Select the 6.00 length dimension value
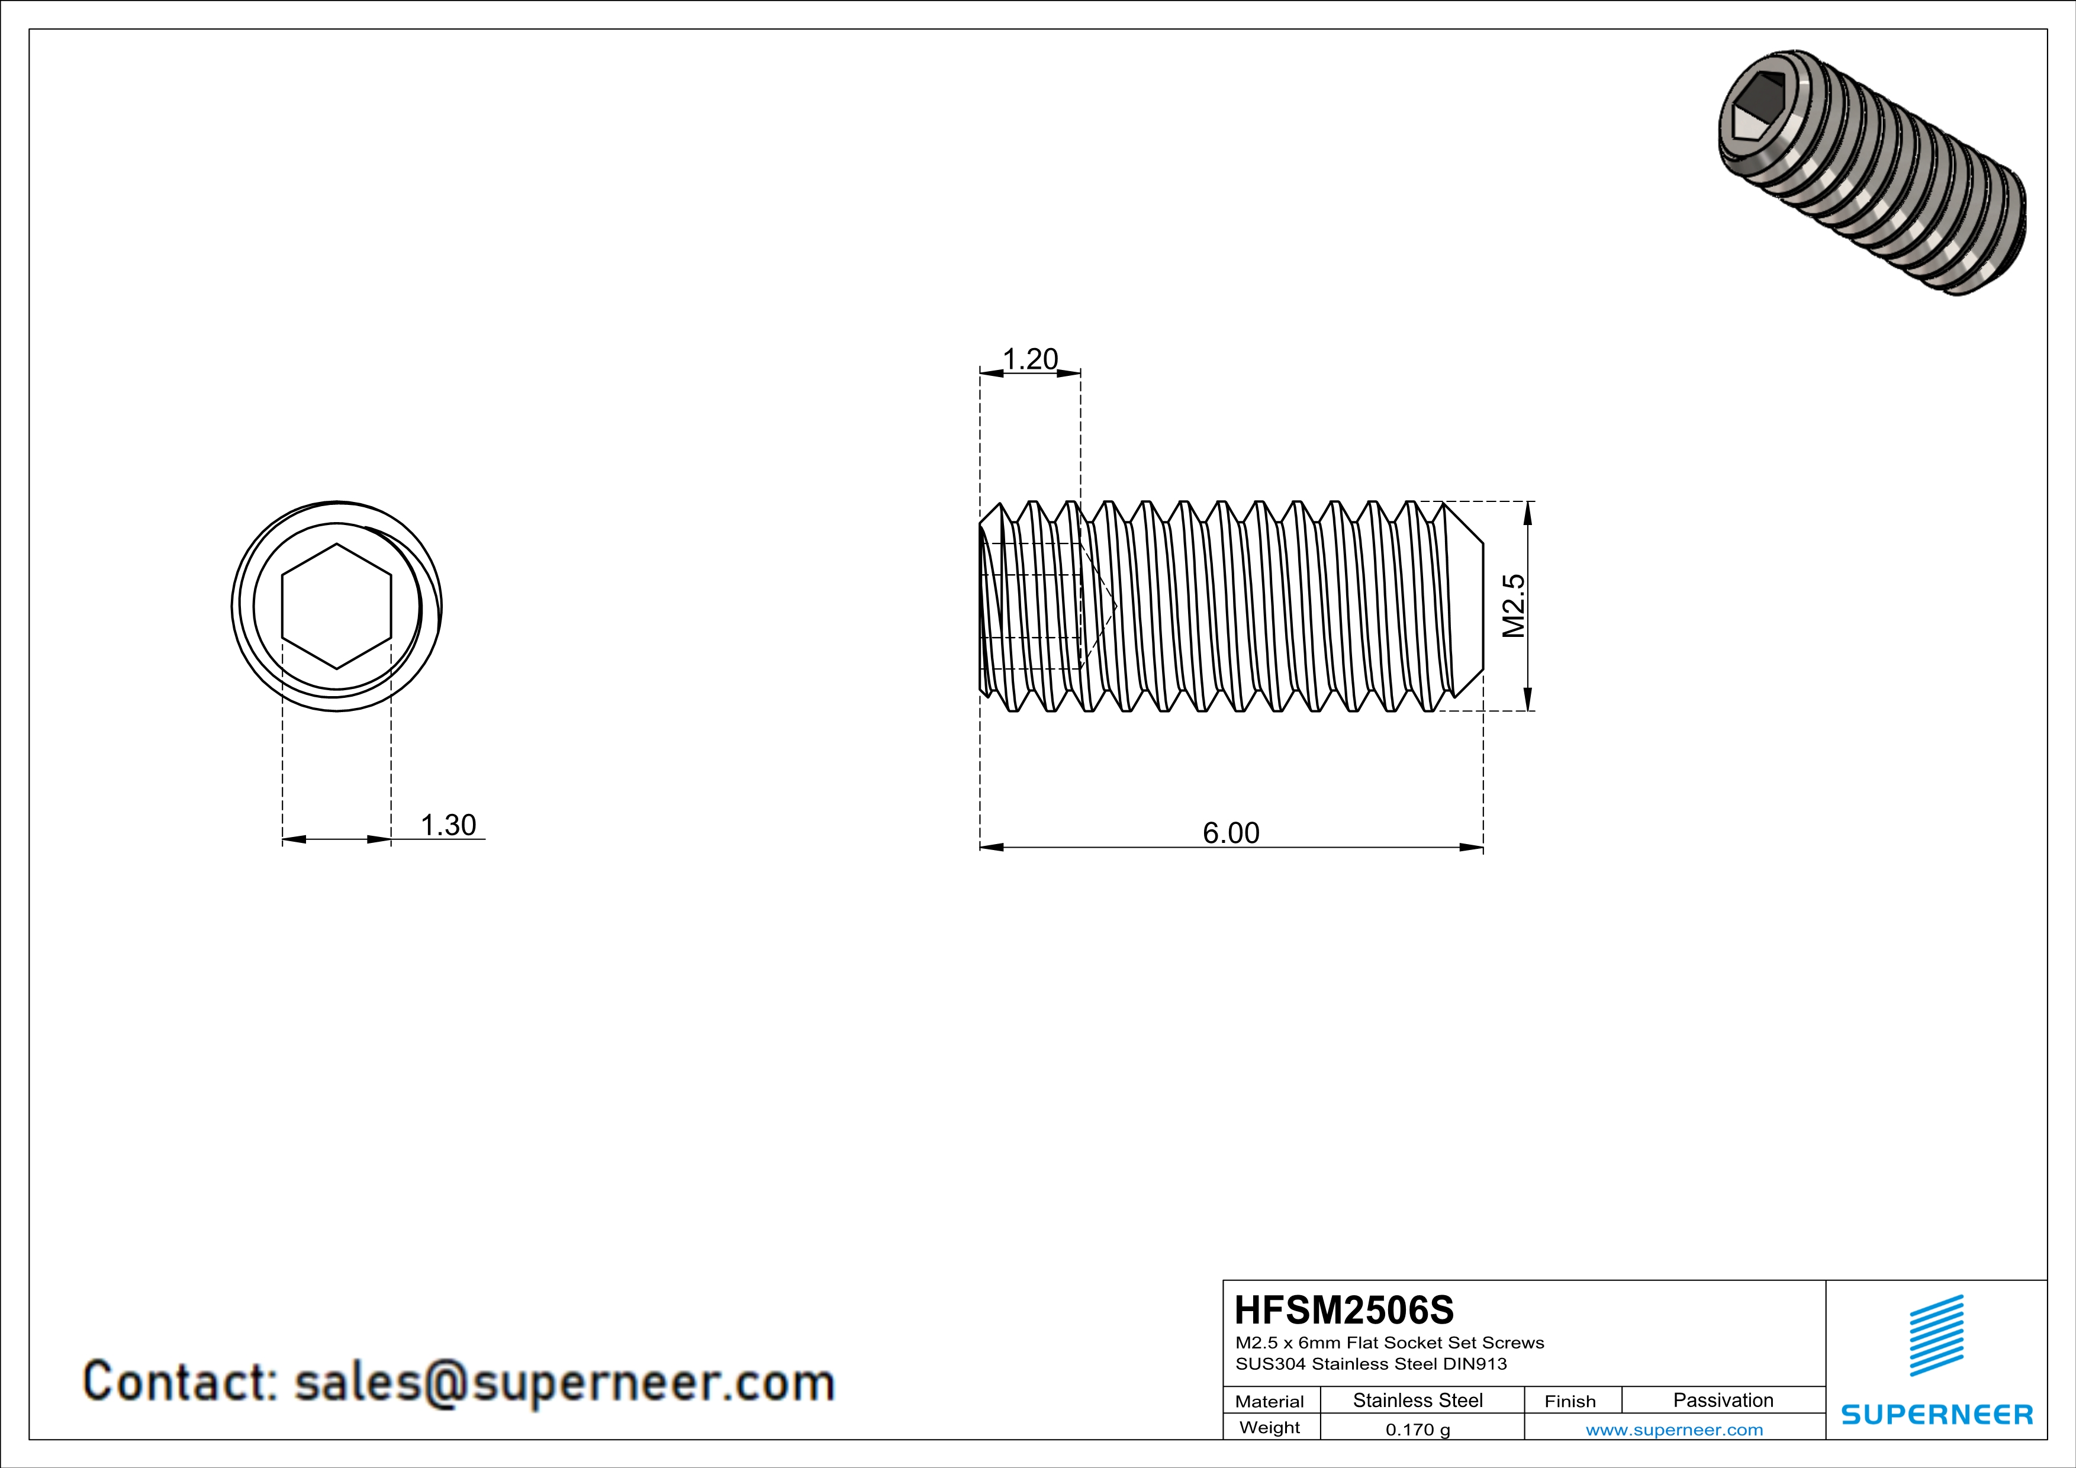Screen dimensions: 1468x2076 pyautogui.click(x=1231, y=832)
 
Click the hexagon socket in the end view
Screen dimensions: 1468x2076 pyautogui.click(x=336, y=606)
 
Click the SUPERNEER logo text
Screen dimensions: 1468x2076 pyautogui.click(x=1937, y=1415)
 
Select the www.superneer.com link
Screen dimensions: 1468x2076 pyautogui.click(x=1673, y=1429)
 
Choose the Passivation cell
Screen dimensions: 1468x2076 pyautogui.click(x=1723, y=1400)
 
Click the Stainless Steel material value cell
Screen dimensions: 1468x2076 pyautogui.click(x=1418, y=1400)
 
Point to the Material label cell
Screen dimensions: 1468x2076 pyautogui.click(x=1270, y=1401)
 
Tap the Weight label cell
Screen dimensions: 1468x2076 pyautogui.click(x=1270, y=1427)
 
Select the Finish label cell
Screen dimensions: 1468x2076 pyautogui.click(x=1570, y=1401)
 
